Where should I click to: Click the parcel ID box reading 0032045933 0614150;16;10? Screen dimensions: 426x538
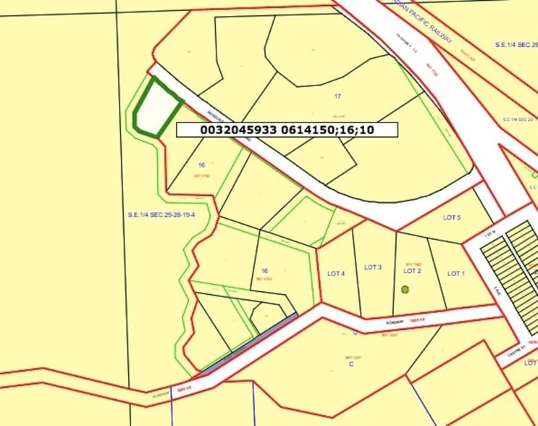click(287, 130)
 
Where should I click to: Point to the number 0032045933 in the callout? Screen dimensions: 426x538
click(233, 130)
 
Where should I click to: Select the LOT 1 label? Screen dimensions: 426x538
click(455, 273)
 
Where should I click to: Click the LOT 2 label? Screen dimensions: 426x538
click(412, 271)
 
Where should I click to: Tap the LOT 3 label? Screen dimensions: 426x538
click(372, 267)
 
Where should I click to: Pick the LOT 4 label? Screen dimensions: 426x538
click(336, 273)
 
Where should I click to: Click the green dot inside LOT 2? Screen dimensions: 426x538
click(405, 289)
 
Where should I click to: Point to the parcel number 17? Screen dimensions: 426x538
click(337, 96)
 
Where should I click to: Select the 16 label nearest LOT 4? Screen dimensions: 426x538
click(265, 270)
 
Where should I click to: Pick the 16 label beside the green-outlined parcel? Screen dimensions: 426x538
click(201, 165)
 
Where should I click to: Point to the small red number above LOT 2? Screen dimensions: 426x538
click(413, 264)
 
